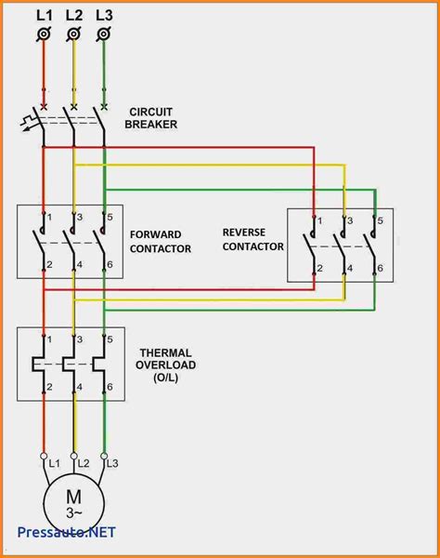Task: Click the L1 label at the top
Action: coord(43,15)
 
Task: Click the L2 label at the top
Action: coord(74,15)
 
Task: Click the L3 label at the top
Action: coord(104,15)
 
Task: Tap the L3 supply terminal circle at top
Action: coord(104,34)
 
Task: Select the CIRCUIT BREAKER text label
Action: coord(153,117)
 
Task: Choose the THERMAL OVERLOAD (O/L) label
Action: coord(167,365)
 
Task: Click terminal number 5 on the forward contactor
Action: coord(110,217)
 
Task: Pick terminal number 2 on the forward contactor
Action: coord(49,266)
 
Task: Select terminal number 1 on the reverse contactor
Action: coord(320,221)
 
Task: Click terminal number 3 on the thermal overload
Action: coord(80,338)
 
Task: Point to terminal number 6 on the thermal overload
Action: coord(110,386)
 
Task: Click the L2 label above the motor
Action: coord(83,462)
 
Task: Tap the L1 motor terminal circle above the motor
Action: coord(43,456)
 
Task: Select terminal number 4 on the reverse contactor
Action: coord(350,268)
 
